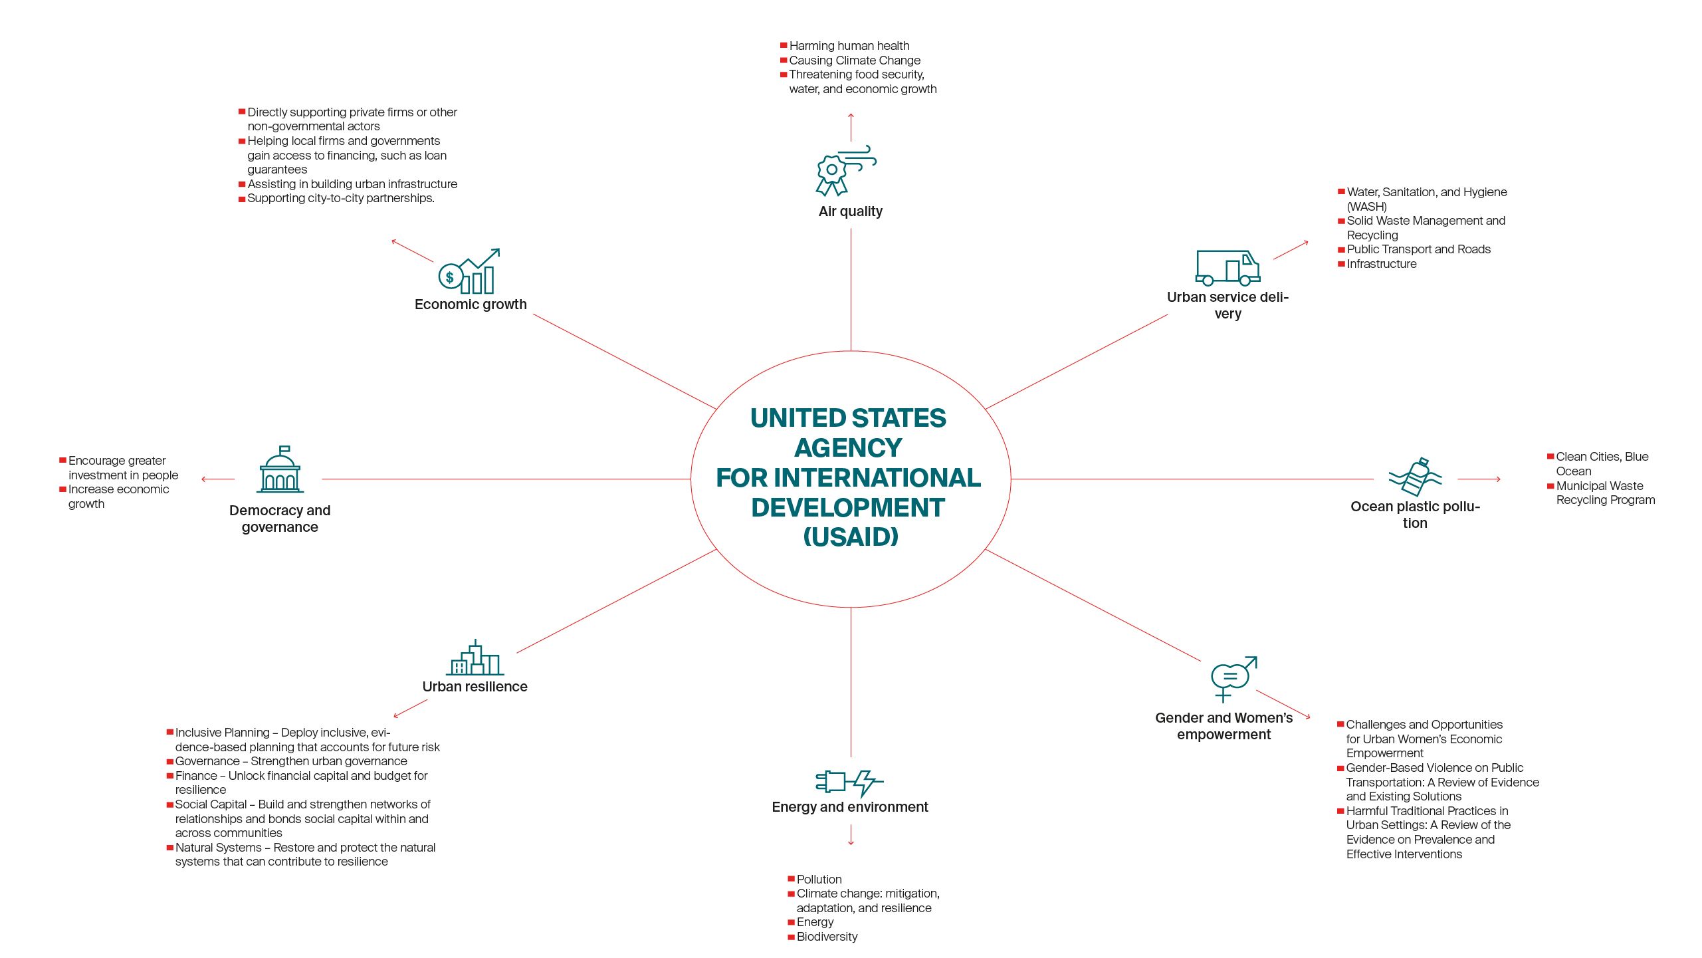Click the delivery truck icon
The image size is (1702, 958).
click(x=1227, y=268)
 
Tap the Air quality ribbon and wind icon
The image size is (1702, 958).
click(x=845, y=171)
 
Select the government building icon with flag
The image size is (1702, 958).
click(x=280, y=470)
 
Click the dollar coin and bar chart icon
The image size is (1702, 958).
click(x=469, y=272)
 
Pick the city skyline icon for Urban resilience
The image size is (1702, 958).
click(x=475, y=658)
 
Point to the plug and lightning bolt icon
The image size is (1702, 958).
click(x=849, y=782)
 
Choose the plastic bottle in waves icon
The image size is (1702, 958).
click(x=1415, y=476)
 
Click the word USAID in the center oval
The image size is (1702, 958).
click(x=851, y=537)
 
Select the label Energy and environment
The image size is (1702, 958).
click(x=850, y=807)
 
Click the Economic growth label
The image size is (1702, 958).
click(x=471, y=304)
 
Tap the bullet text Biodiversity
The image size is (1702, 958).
click(x=827, y=937)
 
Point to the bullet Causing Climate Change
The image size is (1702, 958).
click(x=855, y=60)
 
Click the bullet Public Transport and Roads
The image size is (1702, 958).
click(x=1418, y=249)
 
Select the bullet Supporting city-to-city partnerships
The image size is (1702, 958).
click(x=340, y=198)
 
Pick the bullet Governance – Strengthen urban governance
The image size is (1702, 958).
click(x=291, y=761)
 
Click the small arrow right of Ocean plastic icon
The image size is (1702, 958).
click(x=1479, y=479)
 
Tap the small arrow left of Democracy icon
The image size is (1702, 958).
click(x=217, y=479)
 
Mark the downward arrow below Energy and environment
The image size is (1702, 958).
click(x=851, y=835)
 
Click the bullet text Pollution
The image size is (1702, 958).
click(x=819, y=880)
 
